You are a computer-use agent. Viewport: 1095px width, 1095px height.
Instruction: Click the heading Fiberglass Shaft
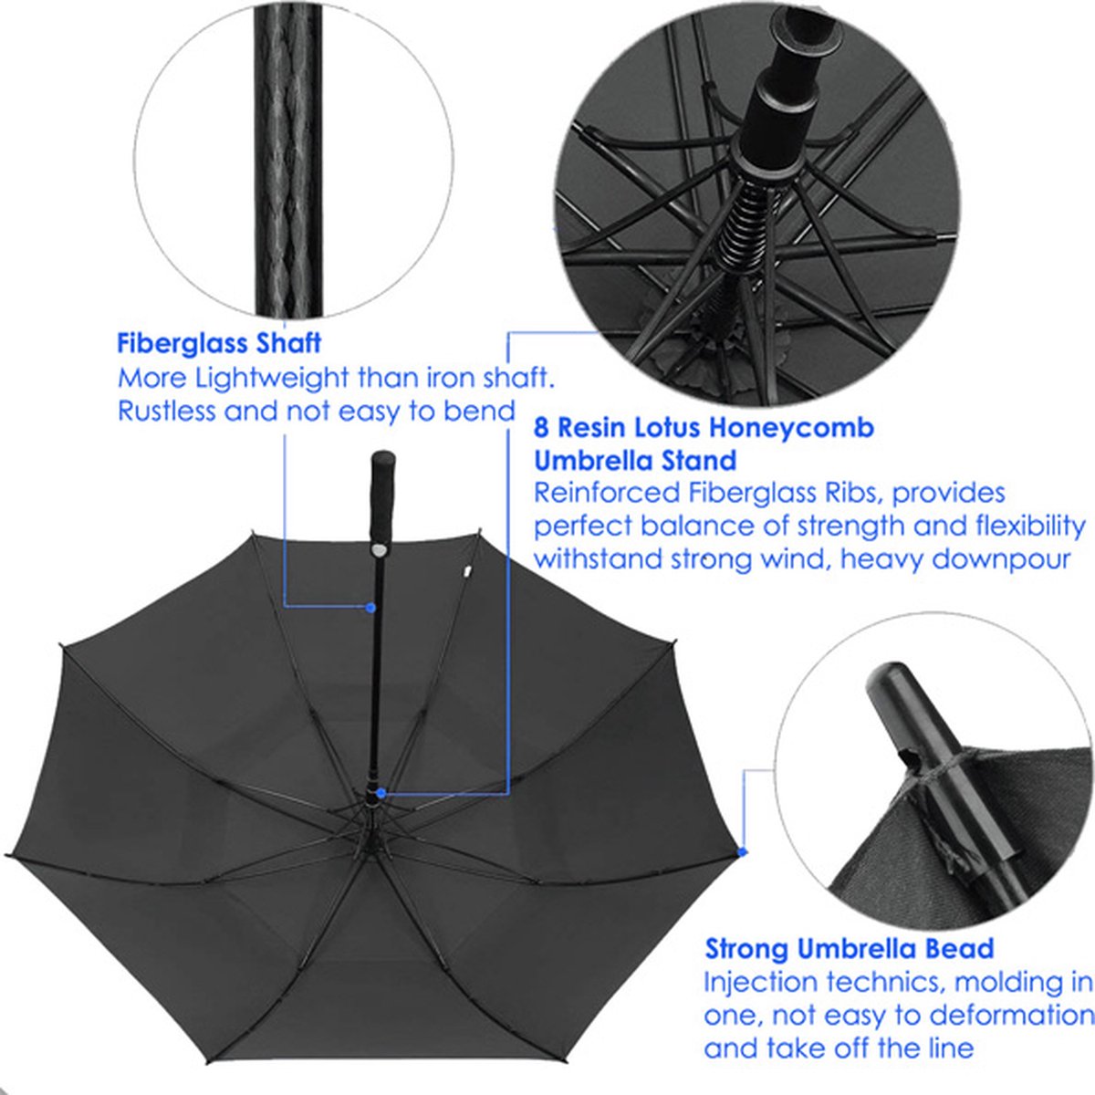tap(219, 343)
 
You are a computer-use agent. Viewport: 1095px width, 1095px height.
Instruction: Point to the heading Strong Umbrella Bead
tap(849, 949)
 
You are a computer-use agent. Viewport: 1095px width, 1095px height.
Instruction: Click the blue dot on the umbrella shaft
tap(370, 607)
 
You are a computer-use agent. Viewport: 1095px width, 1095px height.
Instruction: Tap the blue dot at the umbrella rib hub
tap(381, 794)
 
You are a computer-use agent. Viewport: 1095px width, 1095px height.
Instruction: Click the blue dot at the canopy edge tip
tap(742, 851)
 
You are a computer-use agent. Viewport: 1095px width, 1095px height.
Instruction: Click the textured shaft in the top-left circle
tap(289, 164)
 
